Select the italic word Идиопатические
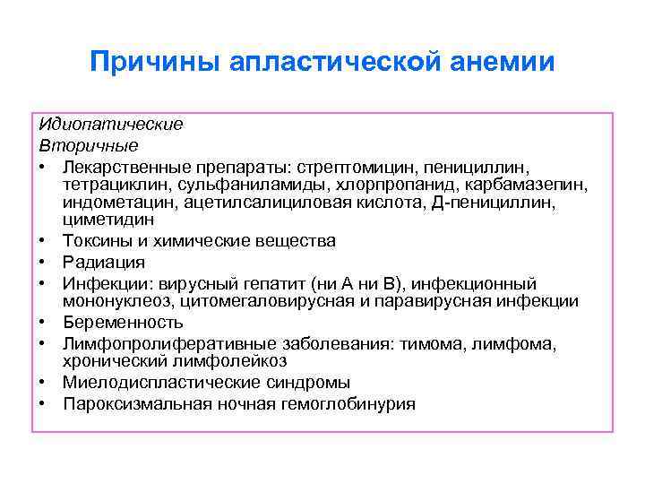tap(111, 124)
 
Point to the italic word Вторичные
tap(88, 143)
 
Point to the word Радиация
tap(103, 263)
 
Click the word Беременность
tap(123, 322)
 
